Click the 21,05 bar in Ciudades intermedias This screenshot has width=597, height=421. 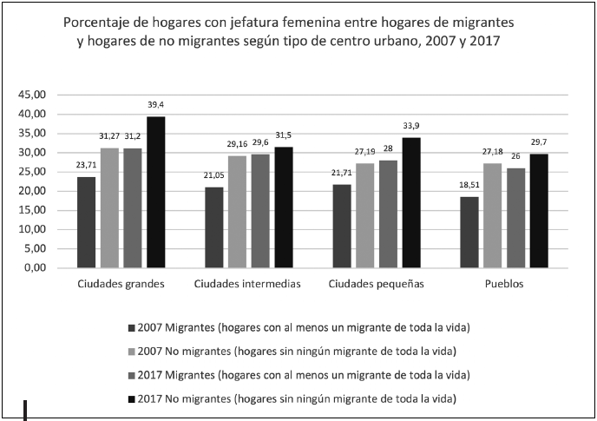pyautogui.click(x=213, y=227)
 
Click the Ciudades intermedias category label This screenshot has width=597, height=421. pyautogui.click(x=248, y=285)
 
